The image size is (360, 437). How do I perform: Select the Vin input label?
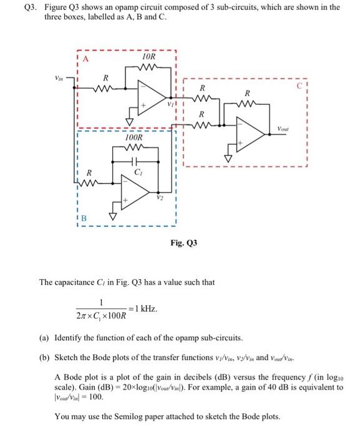(x=57, y=79)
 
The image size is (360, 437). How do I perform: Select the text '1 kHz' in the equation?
(x=145, y=309)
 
